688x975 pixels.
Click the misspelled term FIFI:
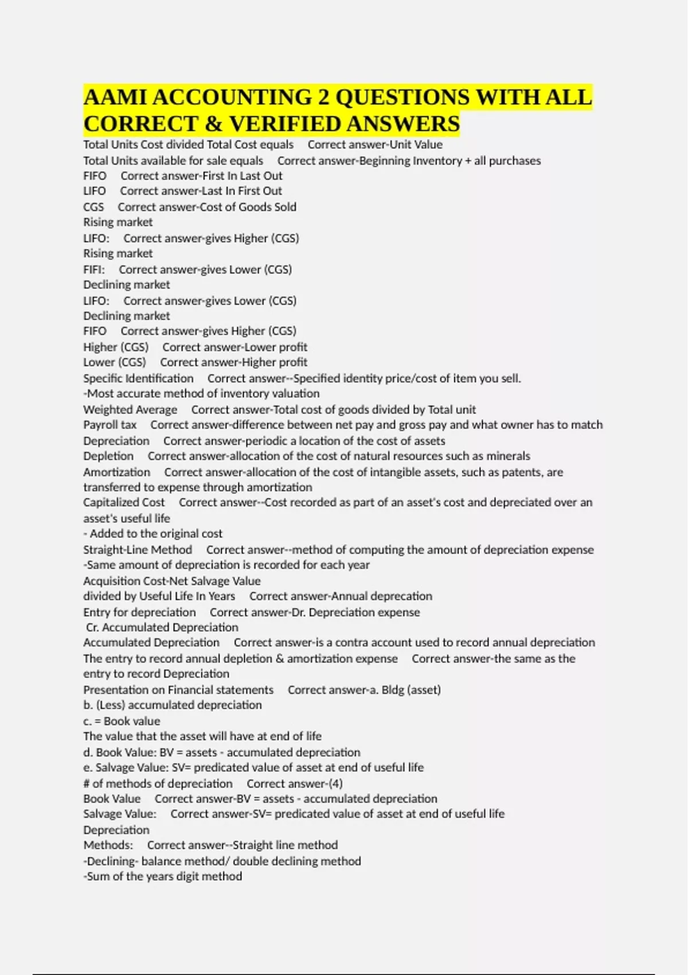[94, 270]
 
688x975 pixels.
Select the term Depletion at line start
[108, 457]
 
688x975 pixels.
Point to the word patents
[521, 473]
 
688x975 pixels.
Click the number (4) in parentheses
[335, 784]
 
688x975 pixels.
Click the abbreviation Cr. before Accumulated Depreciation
[92, 627]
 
